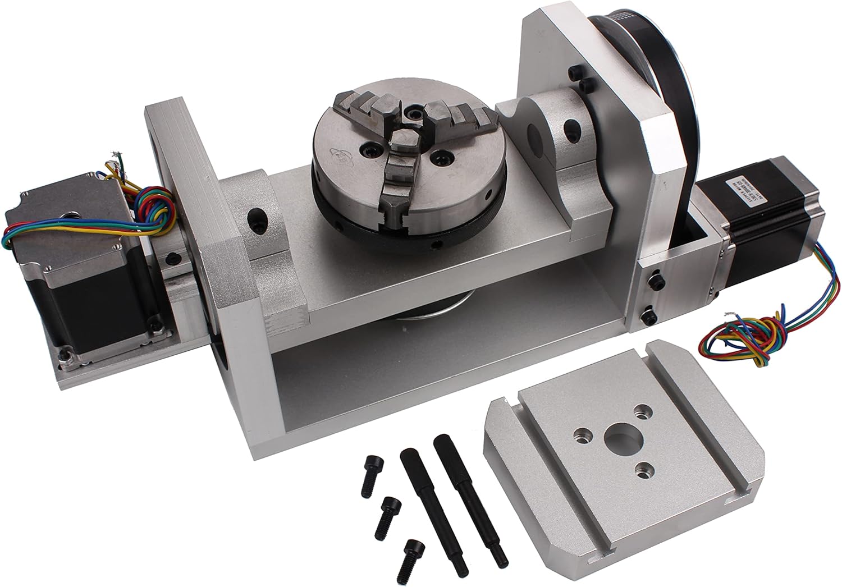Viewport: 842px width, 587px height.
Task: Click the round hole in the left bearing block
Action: click(259, 216)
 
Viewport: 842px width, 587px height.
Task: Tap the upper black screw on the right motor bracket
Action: click(655, 279)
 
